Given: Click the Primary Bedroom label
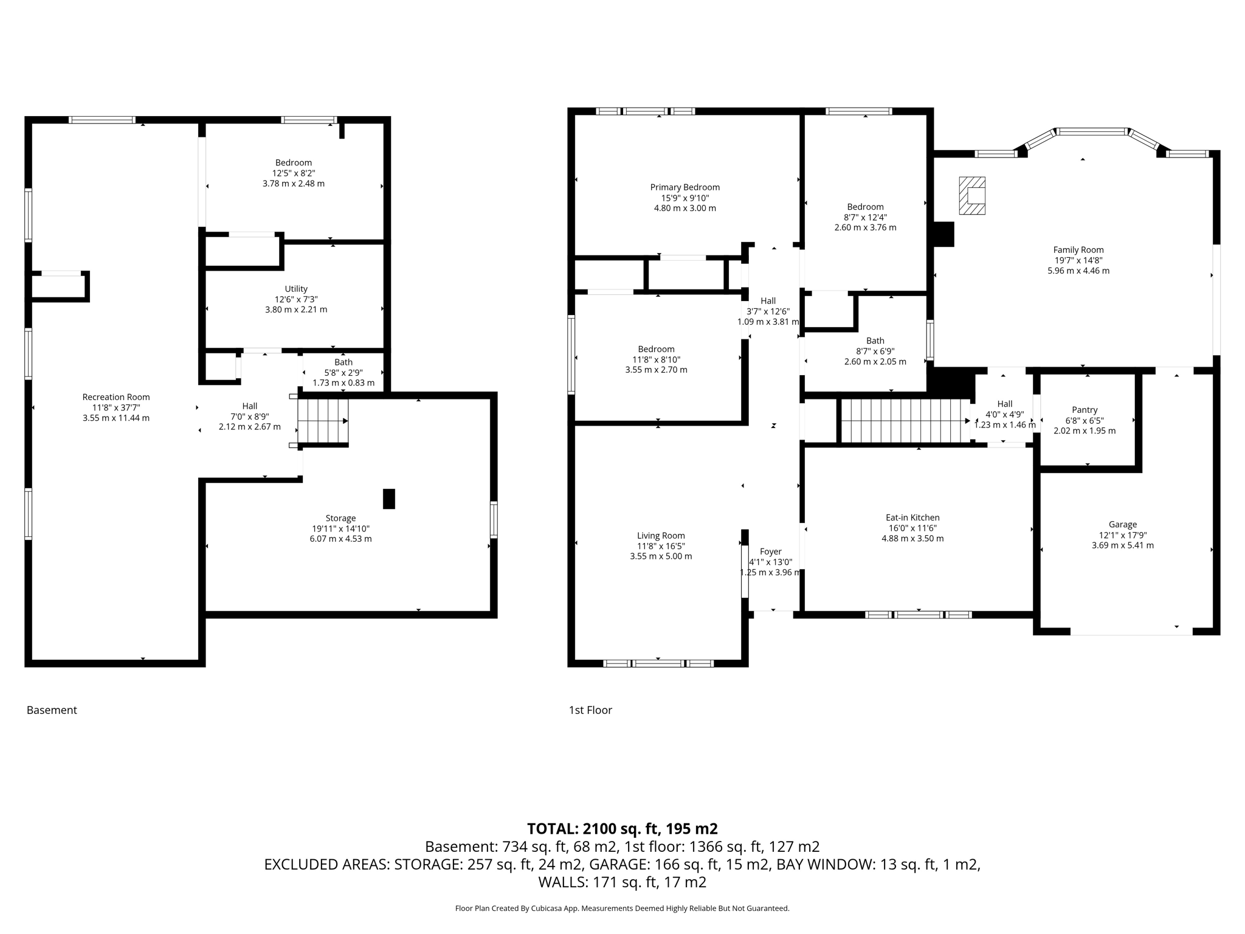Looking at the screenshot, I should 685,187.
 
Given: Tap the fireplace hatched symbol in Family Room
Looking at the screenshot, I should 972,196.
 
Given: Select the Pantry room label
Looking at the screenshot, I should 1085,410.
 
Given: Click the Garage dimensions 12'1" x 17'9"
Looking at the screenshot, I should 1122,535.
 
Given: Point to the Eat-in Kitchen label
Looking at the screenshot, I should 912,517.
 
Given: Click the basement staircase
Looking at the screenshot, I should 323,421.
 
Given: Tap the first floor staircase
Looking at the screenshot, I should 904,421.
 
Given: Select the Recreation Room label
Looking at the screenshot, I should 116,397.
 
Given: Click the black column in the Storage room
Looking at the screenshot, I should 389,499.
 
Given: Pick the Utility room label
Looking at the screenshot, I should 296,289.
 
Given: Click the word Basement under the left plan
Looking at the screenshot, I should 52,710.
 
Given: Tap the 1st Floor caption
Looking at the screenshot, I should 590,710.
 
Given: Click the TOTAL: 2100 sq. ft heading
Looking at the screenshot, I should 622,828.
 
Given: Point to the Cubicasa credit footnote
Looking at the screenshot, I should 622,908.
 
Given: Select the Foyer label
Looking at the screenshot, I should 770,552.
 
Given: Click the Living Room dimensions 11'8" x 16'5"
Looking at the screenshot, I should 661,546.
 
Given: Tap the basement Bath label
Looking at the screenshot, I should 343,362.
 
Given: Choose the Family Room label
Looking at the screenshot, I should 1078,249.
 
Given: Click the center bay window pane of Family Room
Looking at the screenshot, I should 1092,131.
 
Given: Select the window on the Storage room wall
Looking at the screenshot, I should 494,519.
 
